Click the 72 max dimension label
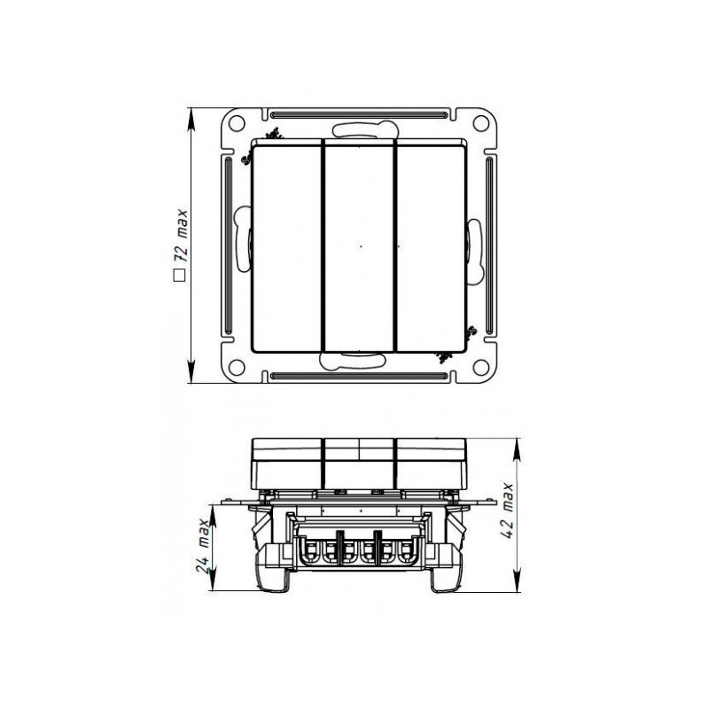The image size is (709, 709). [182, 238]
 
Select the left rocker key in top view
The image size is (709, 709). [287, 246]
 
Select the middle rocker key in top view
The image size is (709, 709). [359, 246]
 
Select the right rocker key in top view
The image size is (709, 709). [429, 246]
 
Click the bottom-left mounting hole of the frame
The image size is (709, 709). [238, 366]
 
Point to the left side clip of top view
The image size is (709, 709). [244, 239]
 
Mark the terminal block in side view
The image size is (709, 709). [358, 547]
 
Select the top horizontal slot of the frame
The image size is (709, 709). [359, 114]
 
